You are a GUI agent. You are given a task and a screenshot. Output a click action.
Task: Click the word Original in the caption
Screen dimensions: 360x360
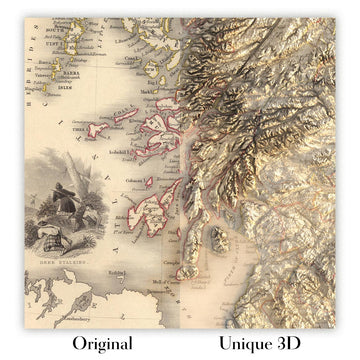101,343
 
